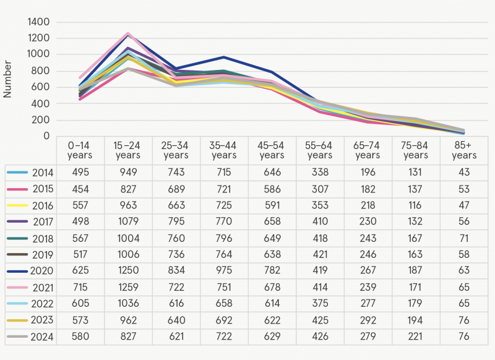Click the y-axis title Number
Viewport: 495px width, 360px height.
(x=8, y=79)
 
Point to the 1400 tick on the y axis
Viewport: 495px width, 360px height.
(x=39, y=22)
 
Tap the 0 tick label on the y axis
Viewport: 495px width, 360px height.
(x=48, y=136)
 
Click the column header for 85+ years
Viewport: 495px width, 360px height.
(x=463, y=150)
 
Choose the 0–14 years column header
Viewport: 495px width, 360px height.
(x=80, y=150)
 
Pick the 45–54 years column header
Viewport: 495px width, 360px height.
(x=272, y=150)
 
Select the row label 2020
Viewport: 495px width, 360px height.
(x=41, y=270)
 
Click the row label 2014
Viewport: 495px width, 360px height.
(x=41, y=172)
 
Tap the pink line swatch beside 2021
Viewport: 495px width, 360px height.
(x=16, y=288)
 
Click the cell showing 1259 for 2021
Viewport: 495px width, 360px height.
(x=127, y=287)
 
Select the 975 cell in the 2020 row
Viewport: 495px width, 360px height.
(x=223, y=270)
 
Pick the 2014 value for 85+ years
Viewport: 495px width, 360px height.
(x=463, y=172)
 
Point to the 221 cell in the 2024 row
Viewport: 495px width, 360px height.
(x=415, y=336)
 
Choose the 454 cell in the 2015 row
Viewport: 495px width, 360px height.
(x=80, y=189)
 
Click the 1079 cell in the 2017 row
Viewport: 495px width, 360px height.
(x=127, y=221)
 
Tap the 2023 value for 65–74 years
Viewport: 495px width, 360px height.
(x=368, y=320)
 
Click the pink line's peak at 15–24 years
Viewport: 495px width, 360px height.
(x=128, y=33)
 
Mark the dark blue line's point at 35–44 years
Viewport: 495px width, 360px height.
(x=224, y=57)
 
